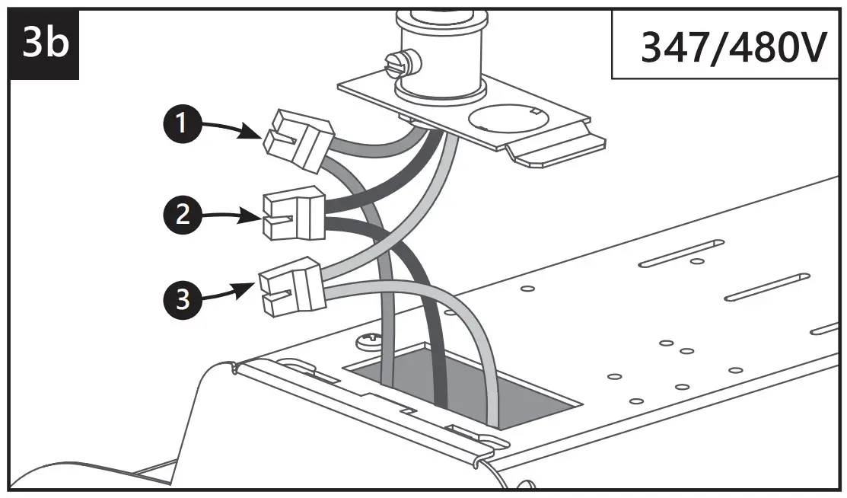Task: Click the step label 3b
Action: tap(44, 43)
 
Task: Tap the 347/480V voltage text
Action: tap(731, 48)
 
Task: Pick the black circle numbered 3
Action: tap(180, 298)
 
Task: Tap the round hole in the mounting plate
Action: tap(507, 121)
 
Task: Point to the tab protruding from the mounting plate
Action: tap(556, 152)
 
